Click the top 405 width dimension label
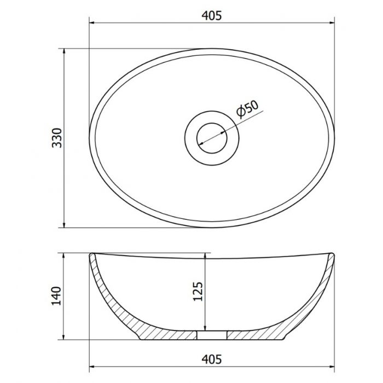click(212, 16)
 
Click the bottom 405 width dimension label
click(212, 359)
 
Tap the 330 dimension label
click(57, 138)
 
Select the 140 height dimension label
click(56, 296)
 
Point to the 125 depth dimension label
click(198, 292)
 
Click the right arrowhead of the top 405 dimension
click(332, 23)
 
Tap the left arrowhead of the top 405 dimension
click(92, 23)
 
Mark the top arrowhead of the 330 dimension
click(64, 51)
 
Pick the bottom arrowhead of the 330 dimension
click(64, 225)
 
